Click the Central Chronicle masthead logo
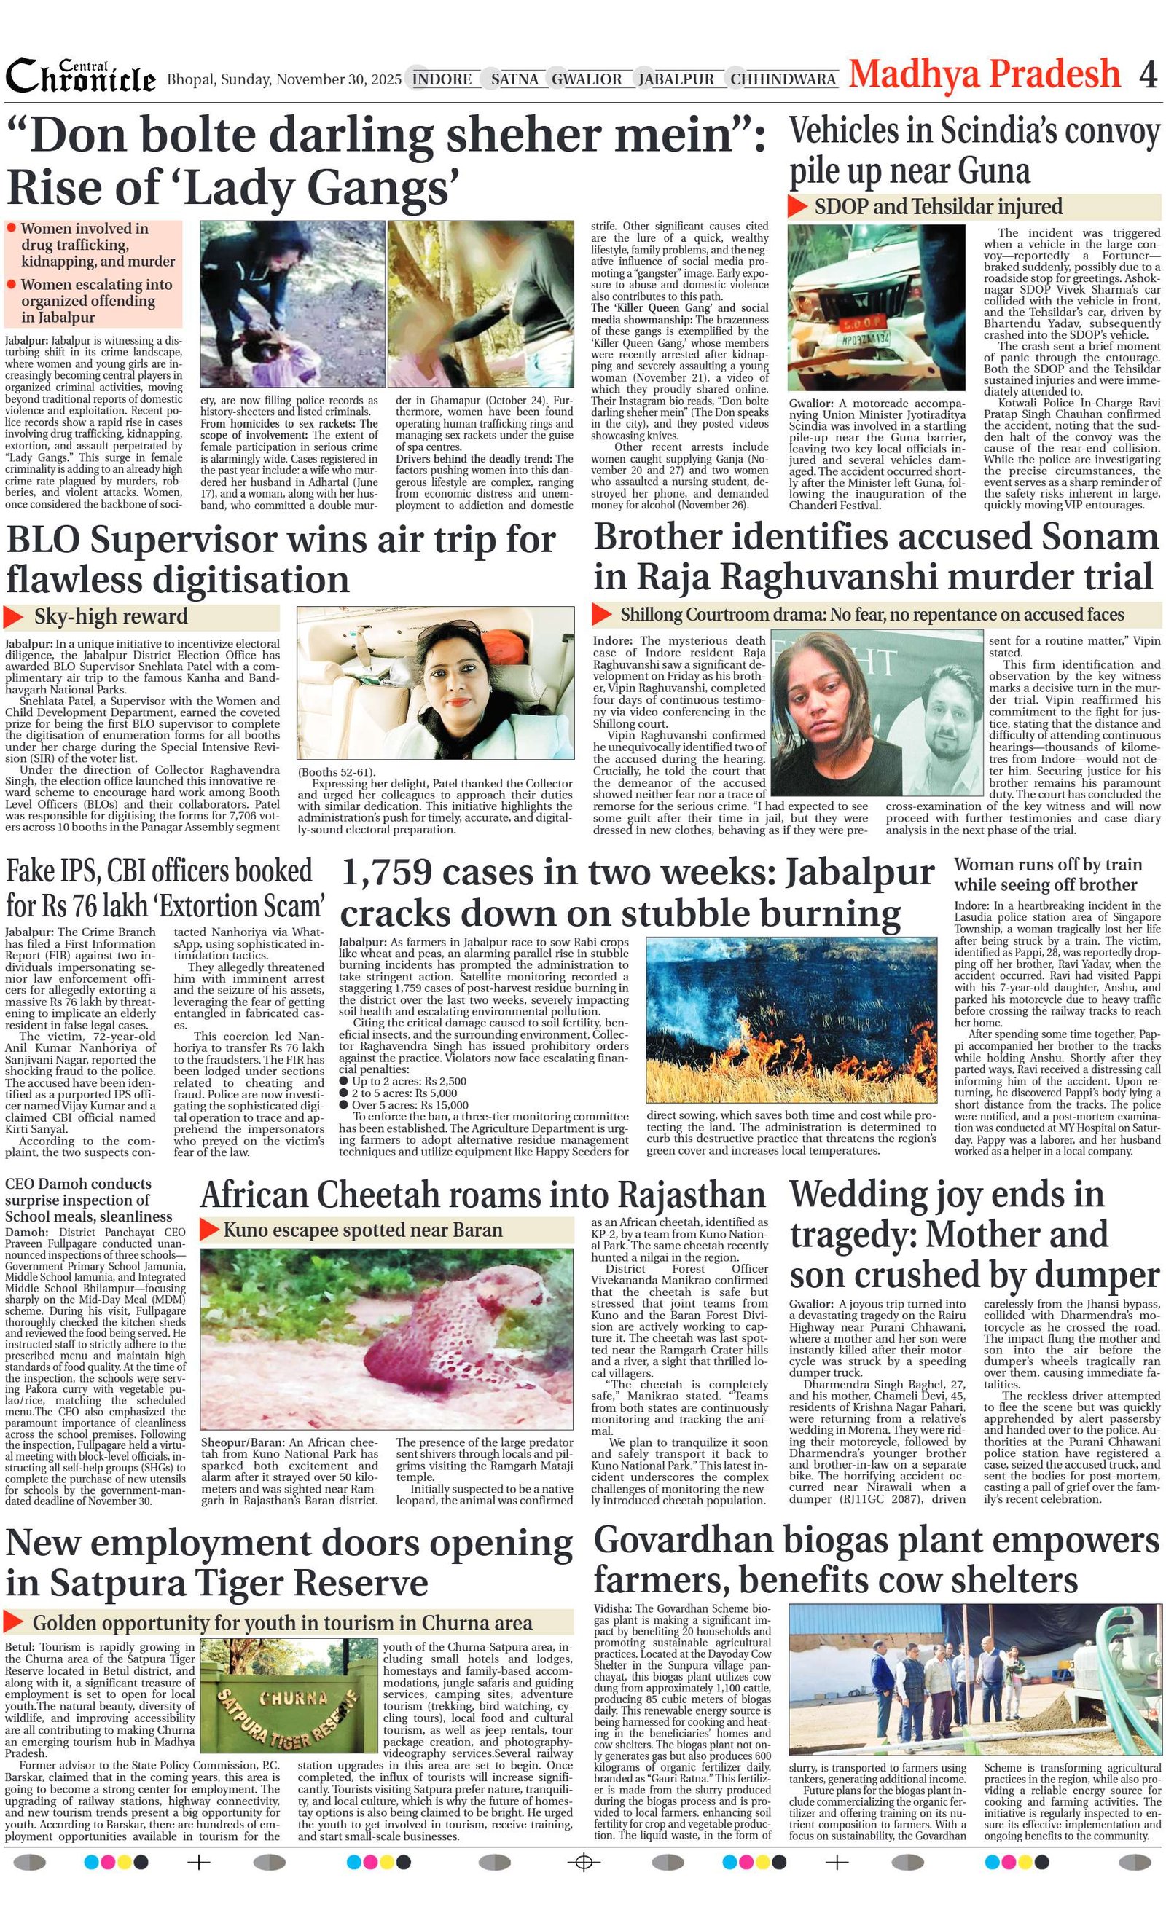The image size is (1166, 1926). coord(81,77)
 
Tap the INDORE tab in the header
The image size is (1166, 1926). coord(442,79)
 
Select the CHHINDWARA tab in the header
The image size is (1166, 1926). coord(783,79)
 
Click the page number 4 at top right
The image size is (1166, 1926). coord(1147,75)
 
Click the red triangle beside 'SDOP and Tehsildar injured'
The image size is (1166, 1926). coord(797,206)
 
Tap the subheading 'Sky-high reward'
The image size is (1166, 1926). coord(110,617)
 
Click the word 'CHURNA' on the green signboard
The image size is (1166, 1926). coord(293,1698)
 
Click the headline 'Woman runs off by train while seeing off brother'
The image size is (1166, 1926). coord(1046,875)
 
